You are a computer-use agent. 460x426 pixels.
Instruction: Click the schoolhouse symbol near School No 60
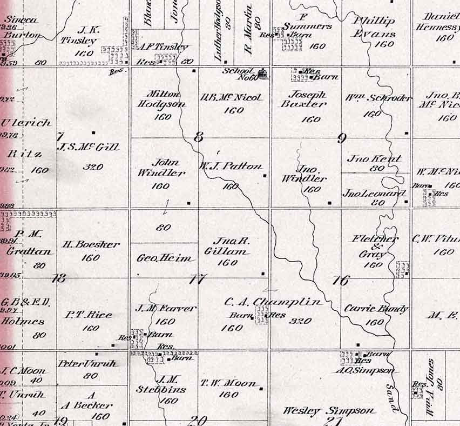click(x=263, y=74)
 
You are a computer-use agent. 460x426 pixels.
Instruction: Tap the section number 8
click(x=198, y=137)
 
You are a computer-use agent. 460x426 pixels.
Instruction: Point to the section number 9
click(x=341, y=138)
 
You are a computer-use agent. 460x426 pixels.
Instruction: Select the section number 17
click(x=198, y=279)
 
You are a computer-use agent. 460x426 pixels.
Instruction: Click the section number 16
click(x=341, y=280)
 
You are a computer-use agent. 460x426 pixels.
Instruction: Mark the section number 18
click(x=58, y=278)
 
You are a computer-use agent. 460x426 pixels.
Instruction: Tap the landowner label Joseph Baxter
click(x=303, y=99)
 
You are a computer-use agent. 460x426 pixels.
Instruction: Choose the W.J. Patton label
click(x=231, y=167)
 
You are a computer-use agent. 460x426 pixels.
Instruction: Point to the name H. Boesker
click(x=90, y=244)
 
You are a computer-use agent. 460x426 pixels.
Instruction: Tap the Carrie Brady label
click(x=376, y=309)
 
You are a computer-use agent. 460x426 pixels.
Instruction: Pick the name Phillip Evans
click(x=374, y=26)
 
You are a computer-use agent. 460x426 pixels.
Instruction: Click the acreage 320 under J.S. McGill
click(x=93, y=167)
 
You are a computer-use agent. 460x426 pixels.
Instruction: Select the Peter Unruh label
click(x=87, y=363)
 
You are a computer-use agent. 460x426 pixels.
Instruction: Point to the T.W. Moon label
click(x=229, y=383)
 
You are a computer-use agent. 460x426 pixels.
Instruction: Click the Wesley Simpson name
click(x=328, y=411)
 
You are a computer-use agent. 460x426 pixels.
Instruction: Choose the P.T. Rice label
click(x=89, y=315)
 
